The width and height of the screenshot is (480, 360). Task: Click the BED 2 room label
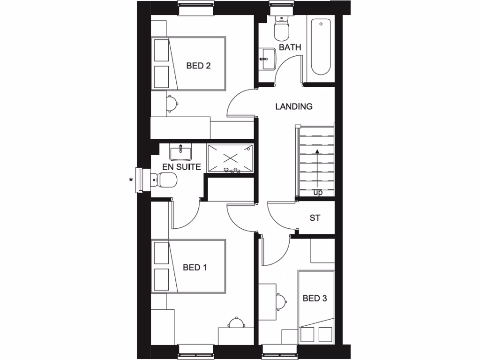pyautogui.click(x=198, y=66)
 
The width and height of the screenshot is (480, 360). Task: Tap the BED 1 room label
pyautogui.click(x=195, y=268)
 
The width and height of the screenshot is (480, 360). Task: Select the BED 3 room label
pyautogui.click(x=315, y=298)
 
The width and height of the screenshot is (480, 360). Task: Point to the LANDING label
pyautogui.click(x=294, y=106)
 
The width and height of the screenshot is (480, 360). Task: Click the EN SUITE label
pyautogui.click(x=181, y=167)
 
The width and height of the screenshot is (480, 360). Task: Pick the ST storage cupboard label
pyautogui.click(x=315, y=218)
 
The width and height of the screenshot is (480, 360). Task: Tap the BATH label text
pyautogui.click(x=290, y=47)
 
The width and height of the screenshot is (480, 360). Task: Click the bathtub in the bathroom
pyautogui.click(x=320, y=47)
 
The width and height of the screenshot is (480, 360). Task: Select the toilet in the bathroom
pyautogui.click(x=281, y=29)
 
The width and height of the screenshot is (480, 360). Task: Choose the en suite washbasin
pyautogui.click(x=180, y=152)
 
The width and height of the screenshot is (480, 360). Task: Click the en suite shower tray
pyautogui.click(x=230, y=158)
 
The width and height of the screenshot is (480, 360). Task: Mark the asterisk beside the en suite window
pyautogui.click(x=131, y=179)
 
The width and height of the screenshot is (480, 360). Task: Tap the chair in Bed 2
pyautogui.click(x=172, y=103)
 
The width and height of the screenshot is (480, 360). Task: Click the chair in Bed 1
pyautogui.click(x=236, y=323)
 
